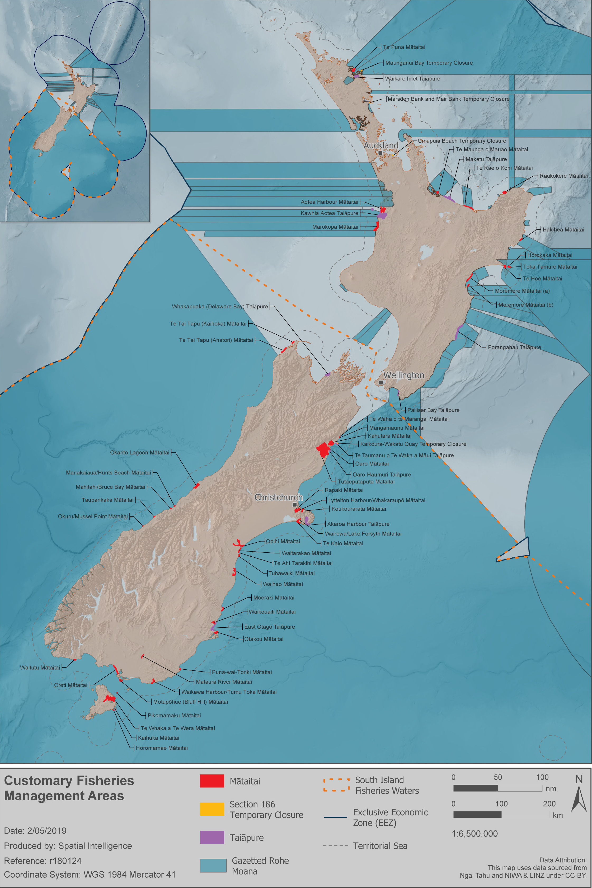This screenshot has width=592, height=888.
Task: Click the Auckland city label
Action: coord(381,145)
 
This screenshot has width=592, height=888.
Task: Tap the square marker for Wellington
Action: coord(380,382)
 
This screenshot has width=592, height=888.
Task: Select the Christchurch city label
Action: coord(278,497)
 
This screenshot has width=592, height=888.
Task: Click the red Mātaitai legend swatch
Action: coord(212,781)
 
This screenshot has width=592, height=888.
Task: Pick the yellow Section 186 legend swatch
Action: coord(212,809)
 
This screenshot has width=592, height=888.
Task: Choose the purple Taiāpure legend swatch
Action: coord(212,837)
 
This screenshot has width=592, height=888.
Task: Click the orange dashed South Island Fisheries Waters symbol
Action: coord(336,784)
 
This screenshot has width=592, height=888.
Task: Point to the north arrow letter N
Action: coord(579,779)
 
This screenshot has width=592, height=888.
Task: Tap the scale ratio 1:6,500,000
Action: coord(474,833)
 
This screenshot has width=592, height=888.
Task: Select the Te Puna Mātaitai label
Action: coord(404,47)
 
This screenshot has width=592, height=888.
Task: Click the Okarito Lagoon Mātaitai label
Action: coord(140,452)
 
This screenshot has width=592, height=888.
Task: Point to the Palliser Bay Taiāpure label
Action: coord(433,410)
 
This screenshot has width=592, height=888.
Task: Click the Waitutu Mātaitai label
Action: coord(40,668)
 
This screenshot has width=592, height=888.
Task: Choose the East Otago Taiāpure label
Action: coord(269,627)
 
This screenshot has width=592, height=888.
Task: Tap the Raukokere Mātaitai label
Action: coord(563,176)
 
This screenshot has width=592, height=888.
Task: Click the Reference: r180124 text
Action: coord(43,861)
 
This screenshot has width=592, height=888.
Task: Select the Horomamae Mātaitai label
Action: coord(162,748)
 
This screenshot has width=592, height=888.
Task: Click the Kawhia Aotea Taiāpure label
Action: coord(329,213)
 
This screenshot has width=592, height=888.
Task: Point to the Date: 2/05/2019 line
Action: coord(35,831)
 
